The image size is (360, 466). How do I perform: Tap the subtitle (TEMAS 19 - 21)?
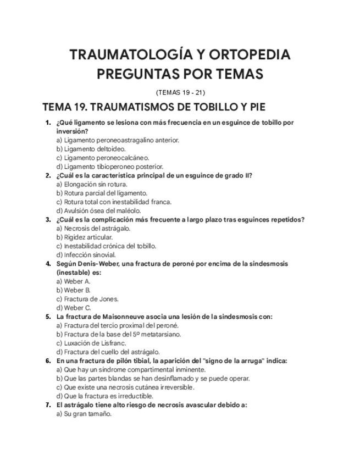180,92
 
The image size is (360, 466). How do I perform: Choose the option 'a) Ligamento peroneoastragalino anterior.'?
118,140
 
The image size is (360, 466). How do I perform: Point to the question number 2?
48,175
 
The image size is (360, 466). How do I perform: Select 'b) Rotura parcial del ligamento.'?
102,193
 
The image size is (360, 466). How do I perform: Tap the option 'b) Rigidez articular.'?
85,237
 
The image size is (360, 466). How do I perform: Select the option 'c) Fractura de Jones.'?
87,299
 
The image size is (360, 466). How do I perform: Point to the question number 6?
48,361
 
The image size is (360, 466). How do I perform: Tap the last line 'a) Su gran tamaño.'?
84,414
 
